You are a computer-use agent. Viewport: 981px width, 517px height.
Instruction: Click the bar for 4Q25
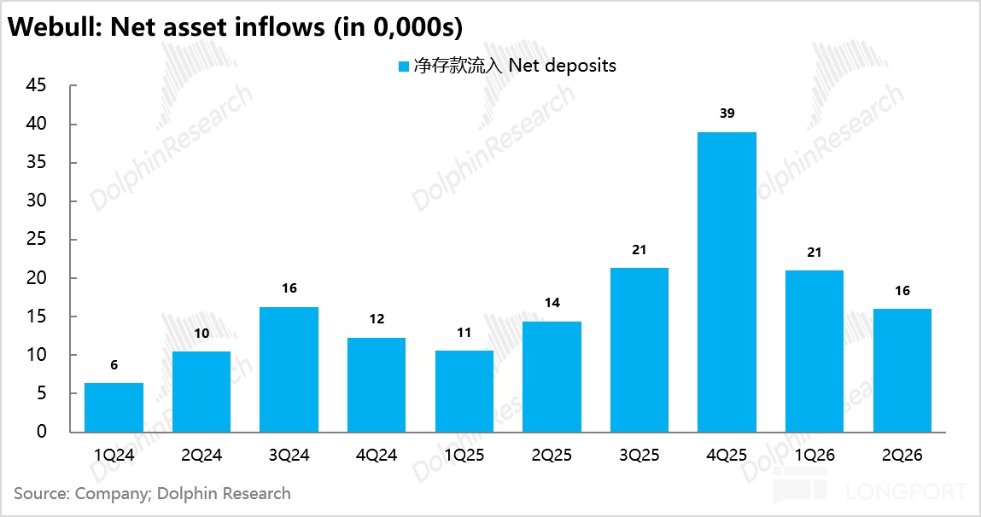point(727,282)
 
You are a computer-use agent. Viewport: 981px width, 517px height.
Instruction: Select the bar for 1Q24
point(114,408)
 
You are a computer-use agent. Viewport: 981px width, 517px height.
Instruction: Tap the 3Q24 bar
point(289,369)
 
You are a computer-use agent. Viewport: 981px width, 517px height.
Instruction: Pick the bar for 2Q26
point(902,370)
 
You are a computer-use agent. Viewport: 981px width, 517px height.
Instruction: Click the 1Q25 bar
point(464,392)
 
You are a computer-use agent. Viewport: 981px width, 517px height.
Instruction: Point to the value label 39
point(727,113)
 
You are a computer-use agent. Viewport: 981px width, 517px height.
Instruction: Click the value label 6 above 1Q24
point(114,365)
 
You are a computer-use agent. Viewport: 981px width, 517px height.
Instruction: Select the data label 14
point(552,303)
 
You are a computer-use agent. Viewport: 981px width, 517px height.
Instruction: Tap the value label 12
point(377,319)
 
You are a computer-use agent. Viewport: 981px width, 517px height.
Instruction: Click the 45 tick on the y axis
point(37,85)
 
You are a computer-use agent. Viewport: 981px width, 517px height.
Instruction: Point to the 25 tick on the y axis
point(37,239)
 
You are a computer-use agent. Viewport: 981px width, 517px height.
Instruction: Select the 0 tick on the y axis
point(41,432)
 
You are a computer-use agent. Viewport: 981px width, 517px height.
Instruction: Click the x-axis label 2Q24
point(201,455)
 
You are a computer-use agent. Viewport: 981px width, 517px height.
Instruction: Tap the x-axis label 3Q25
point(639,455)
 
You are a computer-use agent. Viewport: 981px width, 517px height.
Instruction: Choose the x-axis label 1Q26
point(815,455)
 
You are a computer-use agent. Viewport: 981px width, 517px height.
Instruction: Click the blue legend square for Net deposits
point(404,67)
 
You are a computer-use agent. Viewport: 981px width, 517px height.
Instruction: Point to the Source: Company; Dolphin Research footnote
point(152,493)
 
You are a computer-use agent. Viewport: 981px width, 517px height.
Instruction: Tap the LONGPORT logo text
point(907,491)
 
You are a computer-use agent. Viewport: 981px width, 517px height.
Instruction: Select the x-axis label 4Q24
point(377,455)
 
